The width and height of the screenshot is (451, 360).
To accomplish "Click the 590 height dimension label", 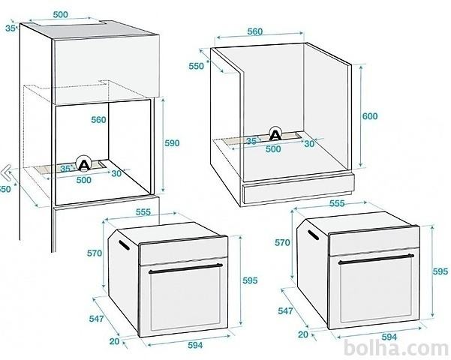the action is pos(172,143).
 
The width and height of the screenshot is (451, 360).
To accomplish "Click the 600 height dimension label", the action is pos(370,116).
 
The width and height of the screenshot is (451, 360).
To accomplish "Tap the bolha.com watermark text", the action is pos(396,348).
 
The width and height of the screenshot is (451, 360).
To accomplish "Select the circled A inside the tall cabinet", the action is pos(84,164).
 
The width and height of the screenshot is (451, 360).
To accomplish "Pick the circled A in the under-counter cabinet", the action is pos(275,134).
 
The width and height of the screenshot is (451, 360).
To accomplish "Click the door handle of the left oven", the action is pos(185,268).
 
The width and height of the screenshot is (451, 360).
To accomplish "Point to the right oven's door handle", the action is pos(376,259).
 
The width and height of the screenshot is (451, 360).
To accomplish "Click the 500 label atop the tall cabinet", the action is pos(60,15).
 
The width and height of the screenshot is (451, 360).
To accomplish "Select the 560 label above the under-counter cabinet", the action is pos(255,31).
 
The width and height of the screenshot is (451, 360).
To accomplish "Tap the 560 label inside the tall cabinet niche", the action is pos(98,120).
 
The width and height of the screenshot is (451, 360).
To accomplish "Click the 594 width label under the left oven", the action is pos(195,345).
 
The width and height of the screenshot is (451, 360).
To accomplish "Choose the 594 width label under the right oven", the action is pos(389,337).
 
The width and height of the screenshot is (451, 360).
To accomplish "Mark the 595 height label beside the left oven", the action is pos(250,280).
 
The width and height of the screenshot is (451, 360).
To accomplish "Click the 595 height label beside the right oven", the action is pos(440,271).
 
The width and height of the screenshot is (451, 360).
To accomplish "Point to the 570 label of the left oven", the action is pos(95,253).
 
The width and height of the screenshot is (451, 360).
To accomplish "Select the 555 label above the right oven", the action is pos(337,203).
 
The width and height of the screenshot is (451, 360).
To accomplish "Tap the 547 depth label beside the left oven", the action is pos(96,319).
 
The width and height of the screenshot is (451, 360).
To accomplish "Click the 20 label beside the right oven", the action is pos(303,334).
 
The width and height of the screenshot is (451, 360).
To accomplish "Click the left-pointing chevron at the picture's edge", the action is pos(5,172).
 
